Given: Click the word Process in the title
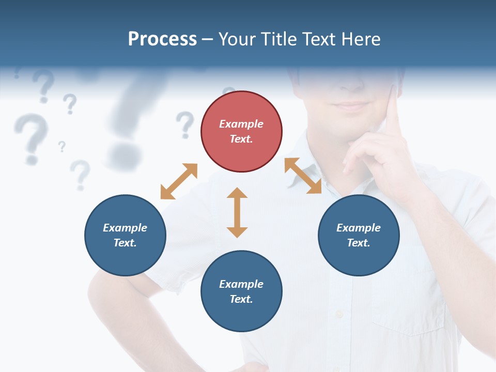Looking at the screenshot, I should [x=162, y=39].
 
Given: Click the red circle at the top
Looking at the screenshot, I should [x=241, y=132].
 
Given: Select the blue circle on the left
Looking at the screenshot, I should [x=125, y=236].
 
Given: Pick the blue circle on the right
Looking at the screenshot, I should [x=359, y=236].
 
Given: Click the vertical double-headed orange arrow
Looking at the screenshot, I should [x=237, y=212].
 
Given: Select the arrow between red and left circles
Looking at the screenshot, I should [x=179, y=181].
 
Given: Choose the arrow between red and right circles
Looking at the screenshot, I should [x=303, y=176].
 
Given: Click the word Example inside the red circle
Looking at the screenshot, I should [x=241, y=124].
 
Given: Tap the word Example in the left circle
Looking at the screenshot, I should [x=125, y=228].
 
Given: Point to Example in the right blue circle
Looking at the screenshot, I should [x=359, y=228].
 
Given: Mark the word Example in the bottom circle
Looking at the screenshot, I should [x=241, y=284].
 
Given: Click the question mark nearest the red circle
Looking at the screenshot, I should [x=184, y=124].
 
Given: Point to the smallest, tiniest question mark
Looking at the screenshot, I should [x=62, y=146].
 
